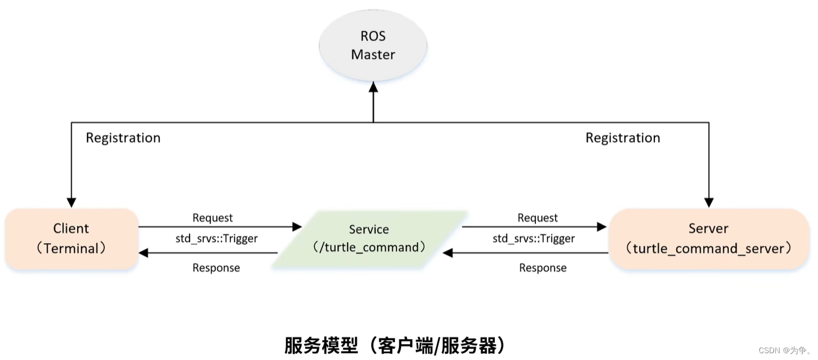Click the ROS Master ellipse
(373, 45)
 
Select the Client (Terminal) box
(71, 238)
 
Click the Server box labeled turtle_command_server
(709, 238)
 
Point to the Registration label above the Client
(123, 138)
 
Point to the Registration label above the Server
(623, 138)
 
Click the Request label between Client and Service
(213, 218)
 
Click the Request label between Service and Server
(538, 218)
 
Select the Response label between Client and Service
(216, 267)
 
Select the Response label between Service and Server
(543, 267)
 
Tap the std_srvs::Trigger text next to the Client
(217, 239)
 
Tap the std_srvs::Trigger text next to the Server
(534, 239)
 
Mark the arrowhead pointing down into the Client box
(71, 202)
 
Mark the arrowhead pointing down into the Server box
(709, 202)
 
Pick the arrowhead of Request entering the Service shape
(297, 227)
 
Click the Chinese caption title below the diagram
(395, 345)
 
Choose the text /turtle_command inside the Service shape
(369, 248)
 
